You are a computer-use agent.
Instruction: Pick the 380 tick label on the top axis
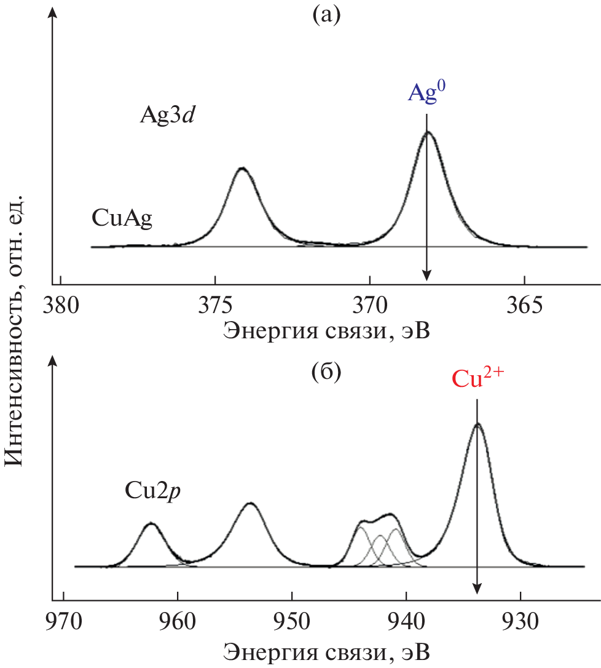[x=61, y=306]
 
